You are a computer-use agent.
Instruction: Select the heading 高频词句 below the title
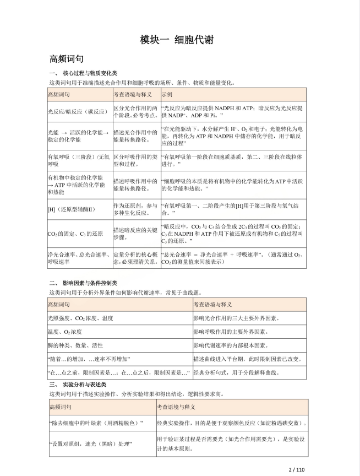pyautogui.click(x=66, y=59)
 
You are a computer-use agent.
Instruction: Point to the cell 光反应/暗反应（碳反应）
pyautogui.click(x=77, y=111)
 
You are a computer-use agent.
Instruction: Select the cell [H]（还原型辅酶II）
pyautogui.click(x=72, y=209)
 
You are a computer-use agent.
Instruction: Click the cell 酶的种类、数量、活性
pyautogui.click(x=74, y=345)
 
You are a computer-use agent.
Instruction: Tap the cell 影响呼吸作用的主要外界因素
pyautogui.click(x=231, y=332)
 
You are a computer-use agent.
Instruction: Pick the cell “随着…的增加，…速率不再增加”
pyautogui.click(x=88, y=359)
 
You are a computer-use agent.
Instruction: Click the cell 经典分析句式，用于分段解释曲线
pyautogui.click(x=239, y=373)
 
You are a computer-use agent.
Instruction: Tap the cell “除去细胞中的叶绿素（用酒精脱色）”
pyautogui.click(x=95, y=423)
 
